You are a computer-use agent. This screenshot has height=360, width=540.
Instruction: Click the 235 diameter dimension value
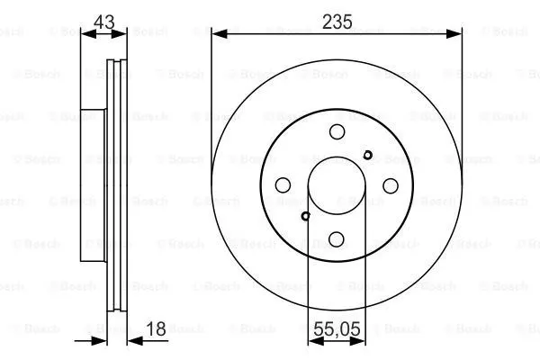coord(337,22)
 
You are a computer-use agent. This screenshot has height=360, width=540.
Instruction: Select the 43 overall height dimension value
coord(104,22)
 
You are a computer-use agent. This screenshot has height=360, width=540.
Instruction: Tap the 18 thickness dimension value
coord(156,328)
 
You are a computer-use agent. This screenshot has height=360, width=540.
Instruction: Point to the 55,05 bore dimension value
coord(337,328)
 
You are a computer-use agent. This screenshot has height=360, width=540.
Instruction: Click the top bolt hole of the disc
coord(337,132)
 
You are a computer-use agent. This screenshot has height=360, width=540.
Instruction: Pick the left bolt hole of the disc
coord(283,185)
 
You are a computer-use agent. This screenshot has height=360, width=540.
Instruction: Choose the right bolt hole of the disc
coord(391,186)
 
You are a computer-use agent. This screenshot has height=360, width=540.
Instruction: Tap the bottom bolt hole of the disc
coord(337,239)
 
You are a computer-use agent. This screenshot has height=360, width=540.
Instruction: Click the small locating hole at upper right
coord(368,155)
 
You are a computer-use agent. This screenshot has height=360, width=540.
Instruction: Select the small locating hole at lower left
coord(305,216)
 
